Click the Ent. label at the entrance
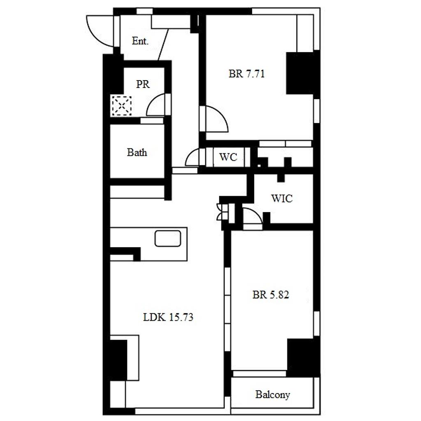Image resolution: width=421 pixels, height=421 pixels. point(140,41)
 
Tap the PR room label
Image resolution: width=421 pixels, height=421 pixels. point(143,84)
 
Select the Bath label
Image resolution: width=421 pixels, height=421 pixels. point(137,153)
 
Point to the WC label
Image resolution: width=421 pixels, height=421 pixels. point(228,157)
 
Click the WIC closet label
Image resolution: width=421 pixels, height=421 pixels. point(282,199)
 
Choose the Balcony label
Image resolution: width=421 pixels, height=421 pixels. point(273,394)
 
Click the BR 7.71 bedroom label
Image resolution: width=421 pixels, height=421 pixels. point(247,74)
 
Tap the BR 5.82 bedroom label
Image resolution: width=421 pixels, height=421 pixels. point(271,295)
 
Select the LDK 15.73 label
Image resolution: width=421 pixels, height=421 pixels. point(168,317)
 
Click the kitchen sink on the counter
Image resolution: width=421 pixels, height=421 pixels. point(168,238)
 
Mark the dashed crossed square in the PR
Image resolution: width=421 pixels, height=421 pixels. point(121,106)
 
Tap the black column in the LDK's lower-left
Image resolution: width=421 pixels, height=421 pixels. point(118,360)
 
